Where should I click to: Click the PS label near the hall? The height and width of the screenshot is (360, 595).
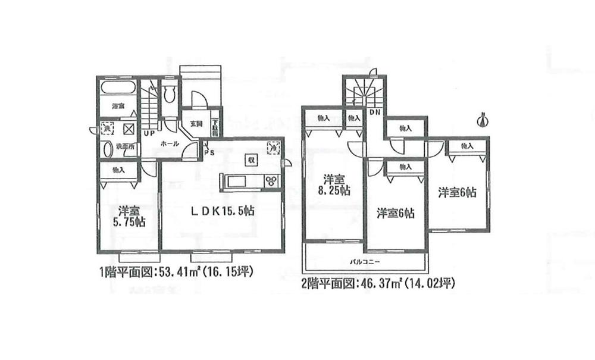click(208, 152)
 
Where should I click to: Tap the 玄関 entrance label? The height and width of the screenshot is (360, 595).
click(196, 124)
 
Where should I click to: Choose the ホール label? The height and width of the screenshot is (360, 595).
click(170, 143)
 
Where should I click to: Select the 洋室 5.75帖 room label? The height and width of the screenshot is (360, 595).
click(129, 216)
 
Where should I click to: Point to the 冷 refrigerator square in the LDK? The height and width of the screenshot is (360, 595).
click(273, 146)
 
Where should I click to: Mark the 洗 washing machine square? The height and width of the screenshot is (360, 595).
click(107, 127)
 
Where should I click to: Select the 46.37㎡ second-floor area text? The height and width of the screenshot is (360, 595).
click(381, 283)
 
